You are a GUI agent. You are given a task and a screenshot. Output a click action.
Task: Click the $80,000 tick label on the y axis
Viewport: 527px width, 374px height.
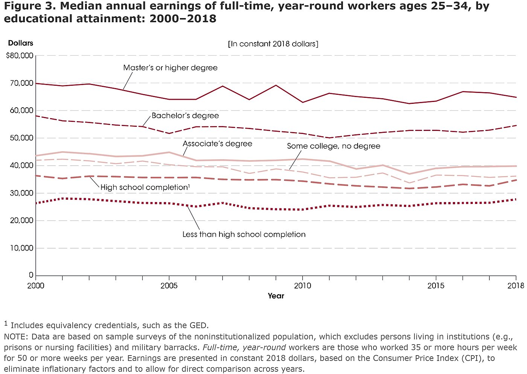coord(20,56)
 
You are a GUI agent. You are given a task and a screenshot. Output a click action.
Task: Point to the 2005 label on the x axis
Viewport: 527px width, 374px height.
coord(169,286)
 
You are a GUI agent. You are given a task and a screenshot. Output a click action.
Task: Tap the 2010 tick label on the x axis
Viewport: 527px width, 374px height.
coord(303,286)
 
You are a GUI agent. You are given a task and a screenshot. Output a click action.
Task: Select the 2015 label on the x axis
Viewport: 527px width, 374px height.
coord(436,286)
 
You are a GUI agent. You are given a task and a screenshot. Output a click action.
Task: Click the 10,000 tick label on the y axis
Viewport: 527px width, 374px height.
coord(22,248)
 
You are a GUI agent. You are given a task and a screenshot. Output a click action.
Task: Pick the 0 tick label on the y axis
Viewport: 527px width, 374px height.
coord(31,275)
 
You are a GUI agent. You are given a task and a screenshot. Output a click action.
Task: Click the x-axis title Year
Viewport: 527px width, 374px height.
coord(276,296)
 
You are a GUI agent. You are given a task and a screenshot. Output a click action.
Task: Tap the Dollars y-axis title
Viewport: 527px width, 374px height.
coord(21,43)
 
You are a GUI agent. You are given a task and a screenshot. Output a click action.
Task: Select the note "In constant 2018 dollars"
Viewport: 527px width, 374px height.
coord(273,44)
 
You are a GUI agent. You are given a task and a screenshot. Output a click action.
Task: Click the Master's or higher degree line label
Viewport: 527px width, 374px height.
coord(170,68)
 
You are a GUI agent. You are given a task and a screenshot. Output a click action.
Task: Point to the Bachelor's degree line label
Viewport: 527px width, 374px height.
coord(185,116)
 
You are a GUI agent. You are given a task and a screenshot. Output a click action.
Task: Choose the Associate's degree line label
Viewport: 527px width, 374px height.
coord(217,144)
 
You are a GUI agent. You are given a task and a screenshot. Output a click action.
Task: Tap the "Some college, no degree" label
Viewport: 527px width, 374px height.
coord(334,146)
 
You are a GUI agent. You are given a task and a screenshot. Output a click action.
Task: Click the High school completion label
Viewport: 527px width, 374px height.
coord(145,187)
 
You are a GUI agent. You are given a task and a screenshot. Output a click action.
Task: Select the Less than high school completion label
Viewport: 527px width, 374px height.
coord(244,234)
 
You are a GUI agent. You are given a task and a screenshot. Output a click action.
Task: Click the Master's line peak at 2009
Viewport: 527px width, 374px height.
coord(276,85)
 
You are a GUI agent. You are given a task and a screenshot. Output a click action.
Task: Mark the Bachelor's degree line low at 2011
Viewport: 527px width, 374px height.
coord(329,138)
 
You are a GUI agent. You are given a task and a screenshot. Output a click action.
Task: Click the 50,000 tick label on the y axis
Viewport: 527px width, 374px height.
coord(22,138)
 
